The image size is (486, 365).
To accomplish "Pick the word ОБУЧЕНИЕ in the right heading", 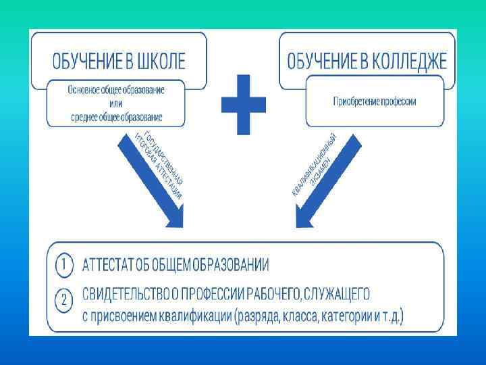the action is [321, 62].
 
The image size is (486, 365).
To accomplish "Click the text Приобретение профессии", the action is [375, 101].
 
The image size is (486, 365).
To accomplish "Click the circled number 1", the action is [61, 264].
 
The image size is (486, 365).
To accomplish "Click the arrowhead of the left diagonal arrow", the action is [173, 220].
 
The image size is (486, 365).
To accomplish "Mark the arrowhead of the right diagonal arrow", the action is [302, 220].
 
